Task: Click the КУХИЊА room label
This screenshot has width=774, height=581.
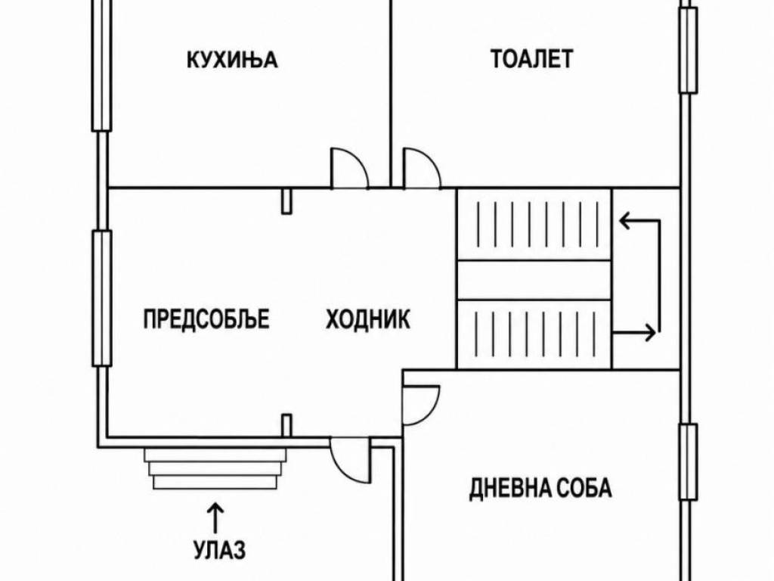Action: click(x=232, y=60)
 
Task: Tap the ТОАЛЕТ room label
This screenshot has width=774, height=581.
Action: click(x=531, y=58)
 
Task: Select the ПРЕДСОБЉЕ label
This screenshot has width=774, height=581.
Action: click(x=206, y=318)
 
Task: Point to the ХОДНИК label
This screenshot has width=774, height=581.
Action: click(x=368, y=318)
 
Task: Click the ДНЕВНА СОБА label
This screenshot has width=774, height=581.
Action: click(x=540, y=488)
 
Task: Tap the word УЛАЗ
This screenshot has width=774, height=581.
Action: click(x=219, y=549)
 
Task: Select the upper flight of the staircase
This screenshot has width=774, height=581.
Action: click(x=534, y=224)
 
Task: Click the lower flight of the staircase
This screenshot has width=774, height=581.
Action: click(x=534, y=334)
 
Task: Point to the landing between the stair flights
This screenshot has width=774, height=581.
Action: click(x=534, y=280)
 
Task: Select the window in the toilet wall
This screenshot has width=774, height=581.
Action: click(x=688, y=50)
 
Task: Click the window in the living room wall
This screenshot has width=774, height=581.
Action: click(x=688, y=462)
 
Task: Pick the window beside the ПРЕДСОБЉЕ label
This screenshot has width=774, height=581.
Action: click(x=102, y=298)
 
